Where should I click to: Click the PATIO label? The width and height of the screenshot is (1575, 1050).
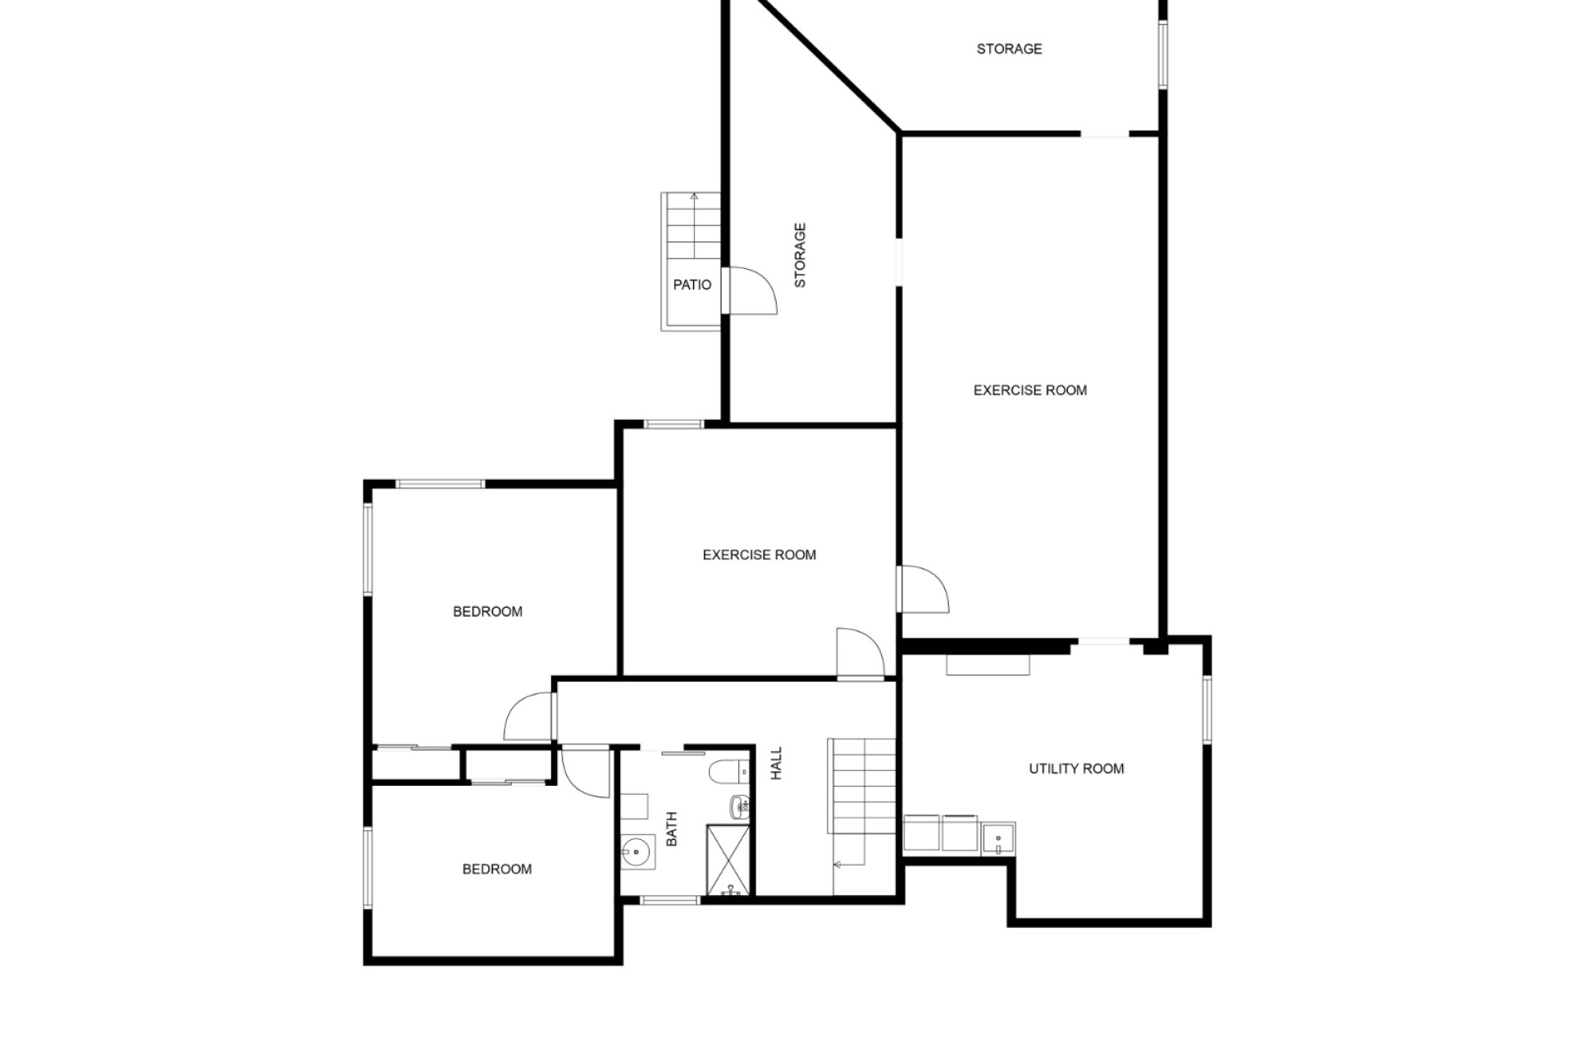(x=692, y=285)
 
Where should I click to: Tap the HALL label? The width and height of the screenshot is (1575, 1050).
(x=776, y=763)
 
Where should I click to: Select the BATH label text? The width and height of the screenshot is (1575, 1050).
(x=671, y=829)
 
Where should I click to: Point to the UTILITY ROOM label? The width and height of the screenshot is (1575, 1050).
(x=1076, y=769)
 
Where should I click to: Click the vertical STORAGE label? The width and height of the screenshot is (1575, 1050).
(x=800, y=255)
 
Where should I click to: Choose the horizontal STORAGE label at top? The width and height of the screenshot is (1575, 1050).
(x=1009, y=49)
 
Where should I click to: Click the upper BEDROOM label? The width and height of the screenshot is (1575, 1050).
(x=487, y=611)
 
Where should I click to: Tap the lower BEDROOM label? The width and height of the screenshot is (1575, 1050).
(x=496, y=869)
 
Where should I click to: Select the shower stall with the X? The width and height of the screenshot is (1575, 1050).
(x=728, y=860)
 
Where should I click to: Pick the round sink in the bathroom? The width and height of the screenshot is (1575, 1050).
(x=636, y=851)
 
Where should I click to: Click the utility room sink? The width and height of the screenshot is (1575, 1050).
(x=998, y=839)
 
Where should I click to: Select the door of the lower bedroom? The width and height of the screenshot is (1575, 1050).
(x=587, y=771)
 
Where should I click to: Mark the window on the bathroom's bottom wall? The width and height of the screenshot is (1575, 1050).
(x=669, y=901)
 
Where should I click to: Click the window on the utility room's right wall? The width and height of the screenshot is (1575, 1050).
(x=1207, y=710)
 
